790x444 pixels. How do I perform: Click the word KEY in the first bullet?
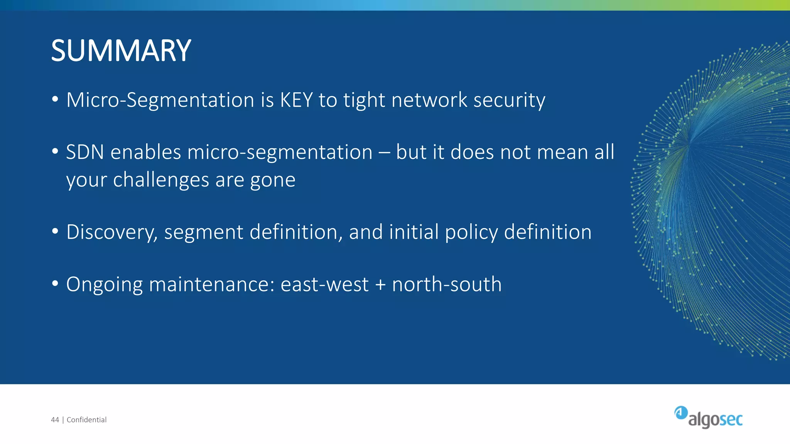296,100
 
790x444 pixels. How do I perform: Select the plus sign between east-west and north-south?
380,285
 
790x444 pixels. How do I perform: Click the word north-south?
447,284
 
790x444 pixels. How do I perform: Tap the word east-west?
324,285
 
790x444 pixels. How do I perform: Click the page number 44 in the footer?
55,420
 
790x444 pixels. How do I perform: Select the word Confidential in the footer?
86,420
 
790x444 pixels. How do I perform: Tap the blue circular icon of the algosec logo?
681,412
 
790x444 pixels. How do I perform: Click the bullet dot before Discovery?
55,231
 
